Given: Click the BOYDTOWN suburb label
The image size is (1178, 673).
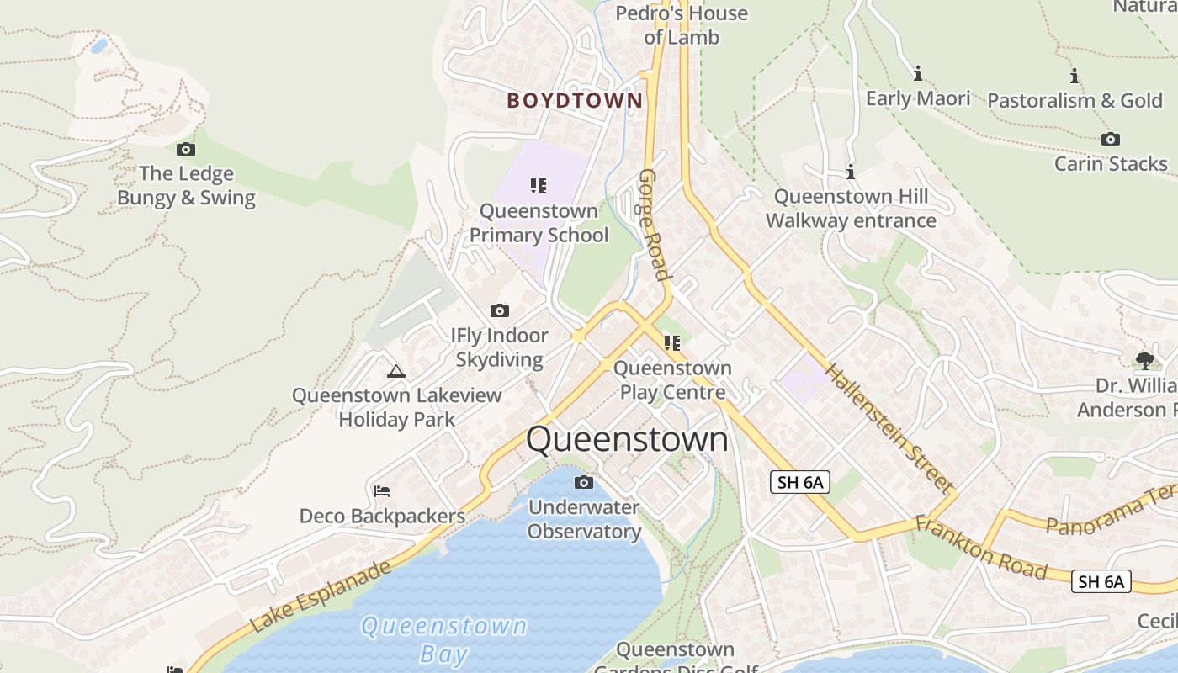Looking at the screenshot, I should click(575, 101).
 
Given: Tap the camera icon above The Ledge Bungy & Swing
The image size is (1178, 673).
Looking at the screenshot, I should click(186, 150).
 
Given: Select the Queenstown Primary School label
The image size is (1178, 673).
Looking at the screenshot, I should click(539, 223).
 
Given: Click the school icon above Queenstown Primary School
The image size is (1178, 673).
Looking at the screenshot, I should click(539, 186).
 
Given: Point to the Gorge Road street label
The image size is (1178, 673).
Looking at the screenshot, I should click(655, 224).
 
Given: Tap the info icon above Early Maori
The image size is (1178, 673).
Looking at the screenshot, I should click(918, 74).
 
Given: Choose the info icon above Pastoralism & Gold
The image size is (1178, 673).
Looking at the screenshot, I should click(1075, 76).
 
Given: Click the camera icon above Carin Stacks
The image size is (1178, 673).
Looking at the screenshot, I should click(1111, 140).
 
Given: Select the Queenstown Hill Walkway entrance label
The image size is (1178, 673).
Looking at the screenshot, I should click(851, 209).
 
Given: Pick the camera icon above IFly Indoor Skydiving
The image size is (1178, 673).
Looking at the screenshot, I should click(500, 311).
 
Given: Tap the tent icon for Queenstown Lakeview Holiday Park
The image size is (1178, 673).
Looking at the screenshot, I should click(396, 371).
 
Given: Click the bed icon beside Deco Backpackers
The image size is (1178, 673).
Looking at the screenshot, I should click(382, 491).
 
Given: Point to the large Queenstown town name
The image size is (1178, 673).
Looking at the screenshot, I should click(627, 439).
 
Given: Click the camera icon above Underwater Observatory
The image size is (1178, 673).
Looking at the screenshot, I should click(584, 483).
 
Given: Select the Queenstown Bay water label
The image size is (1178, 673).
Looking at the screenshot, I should click(443, 639).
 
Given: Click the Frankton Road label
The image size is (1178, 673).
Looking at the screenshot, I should click(981, 548).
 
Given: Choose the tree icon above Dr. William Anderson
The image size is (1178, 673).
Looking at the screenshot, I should click(1144, 361).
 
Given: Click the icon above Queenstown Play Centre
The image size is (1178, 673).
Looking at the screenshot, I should click(671, 343).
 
